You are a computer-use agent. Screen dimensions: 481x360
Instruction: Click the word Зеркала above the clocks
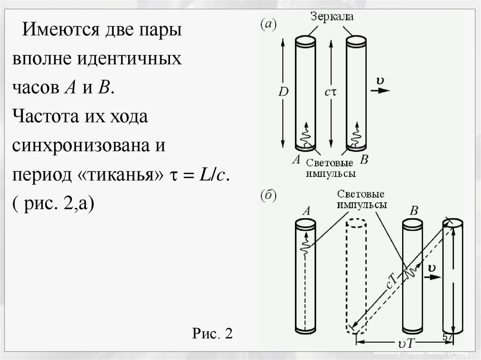click(x=331, y=17)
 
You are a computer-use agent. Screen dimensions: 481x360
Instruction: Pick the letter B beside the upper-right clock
click(x=364, y=160)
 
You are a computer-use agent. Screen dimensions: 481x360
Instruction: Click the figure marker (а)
click(x=269, y=24)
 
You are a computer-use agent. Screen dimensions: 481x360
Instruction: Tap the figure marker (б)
click(x=269, y=196)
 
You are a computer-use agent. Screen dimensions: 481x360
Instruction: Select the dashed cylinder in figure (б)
click(x=356, y=277)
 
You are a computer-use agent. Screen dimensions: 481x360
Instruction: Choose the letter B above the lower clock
click(x=413, y=211)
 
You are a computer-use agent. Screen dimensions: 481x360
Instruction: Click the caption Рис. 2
click(x=212, y=334)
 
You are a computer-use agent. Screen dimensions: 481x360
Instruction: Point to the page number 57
click(x=448, y=338)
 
